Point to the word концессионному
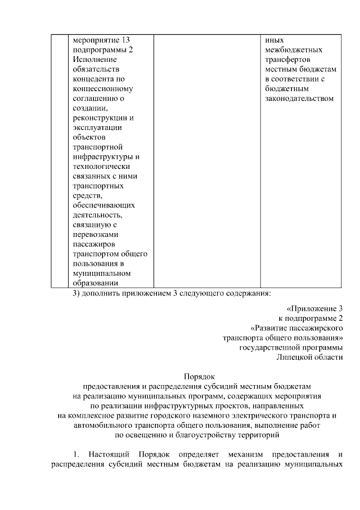click(x=103, y=89)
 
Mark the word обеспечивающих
click(x=104, y=205)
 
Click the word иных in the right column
click(x=273, y=41)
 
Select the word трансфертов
click(x=286, y=60)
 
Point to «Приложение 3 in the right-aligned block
click(x=314, y=308)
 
